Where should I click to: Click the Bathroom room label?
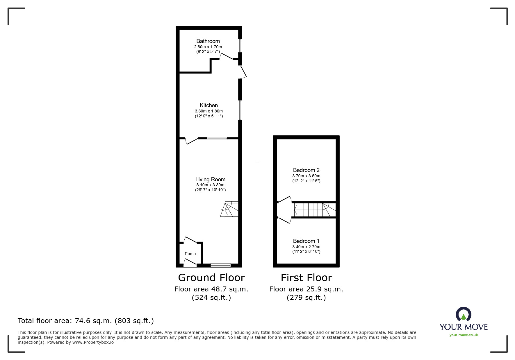(208, 41)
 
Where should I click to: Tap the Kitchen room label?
(209, 105)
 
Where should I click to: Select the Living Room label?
(210, 180)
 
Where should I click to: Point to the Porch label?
(190, 254)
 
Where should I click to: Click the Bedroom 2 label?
(306, 170)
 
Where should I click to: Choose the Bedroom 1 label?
(306, 241)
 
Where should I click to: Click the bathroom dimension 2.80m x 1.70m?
(208, 47)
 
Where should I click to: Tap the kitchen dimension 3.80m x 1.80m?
(209, 111)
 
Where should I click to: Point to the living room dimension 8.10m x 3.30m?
(210, 185)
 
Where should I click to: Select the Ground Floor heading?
(211, 278)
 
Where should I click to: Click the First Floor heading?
(306, 278)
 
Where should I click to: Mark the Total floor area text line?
(86, 321)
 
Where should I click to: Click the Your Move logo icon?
(463, 315)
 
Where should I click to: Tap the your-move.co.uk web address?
(464, 335)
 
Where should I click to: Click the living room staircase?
(230, 209)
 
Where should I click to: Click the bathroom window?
(240, 46)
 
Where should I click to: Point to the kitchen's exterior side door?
(243, 72)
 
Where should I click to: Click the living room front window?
(220, 265)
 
